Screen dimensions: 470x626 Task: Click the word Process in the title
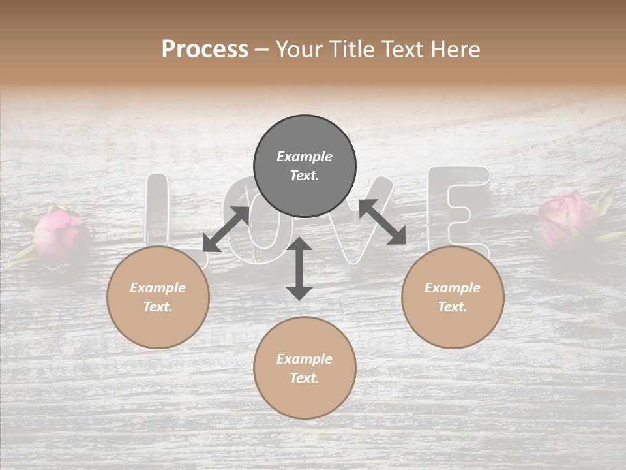click(x=205, y=49)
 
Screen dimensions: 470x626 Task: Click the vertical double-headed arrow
click(x=299, y=268)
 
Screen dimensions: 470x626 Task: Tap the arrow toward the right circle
click(x=382, y=222)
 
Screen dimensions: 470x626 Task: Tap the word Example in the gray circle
click(x=305, y=157)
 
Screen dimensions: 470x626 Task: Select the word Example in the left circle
click(x=158, y=288)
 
